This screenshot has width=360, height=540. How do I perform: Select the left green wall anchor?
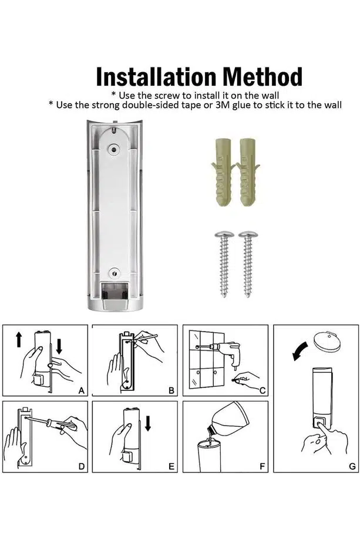pos(223,171)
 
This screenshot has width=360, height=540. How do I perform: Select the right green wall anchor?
pos(247,171)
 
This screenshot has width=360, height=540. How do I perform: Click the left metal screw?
pos(224,263)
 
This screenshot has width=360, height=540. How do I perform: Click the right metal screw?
pos(248,263)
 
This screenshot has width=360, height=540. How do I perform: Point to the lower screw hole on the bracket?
pos(115,274)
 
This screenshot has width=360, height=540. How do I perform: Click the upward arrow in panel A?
pos(19,339)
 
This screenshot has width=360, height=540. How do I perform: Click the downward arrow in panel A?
pos(59,346)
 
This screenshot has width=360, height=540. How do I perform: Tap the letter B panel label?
pos(171,390)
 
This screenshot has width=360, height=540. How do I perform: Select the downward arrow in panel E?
pos(148,423)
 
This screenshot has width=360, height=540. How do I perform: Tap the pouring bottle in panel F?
pos(227,419)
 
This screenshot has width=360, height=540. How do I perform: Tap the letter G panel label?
pos(352,466)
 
